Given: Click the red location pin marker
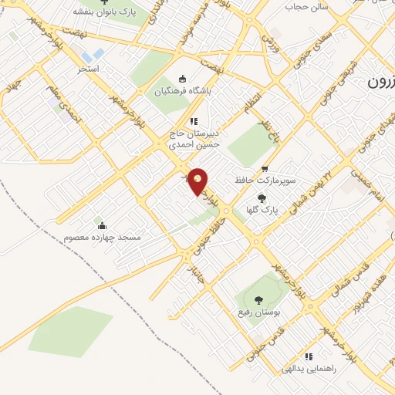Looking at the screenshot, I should [198, 181].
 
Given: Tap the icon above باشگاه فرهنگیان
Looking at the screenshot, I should [182, 79].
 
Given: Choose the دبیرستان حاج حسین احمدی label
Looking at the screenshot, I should [194, 137].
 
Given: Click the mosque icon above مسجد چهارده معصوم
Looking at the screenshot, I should [101, 225].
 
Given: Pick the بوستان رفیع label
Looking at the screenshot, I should [255, 314].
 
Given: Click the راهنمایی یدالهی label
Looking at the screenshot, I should [309, 369].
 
